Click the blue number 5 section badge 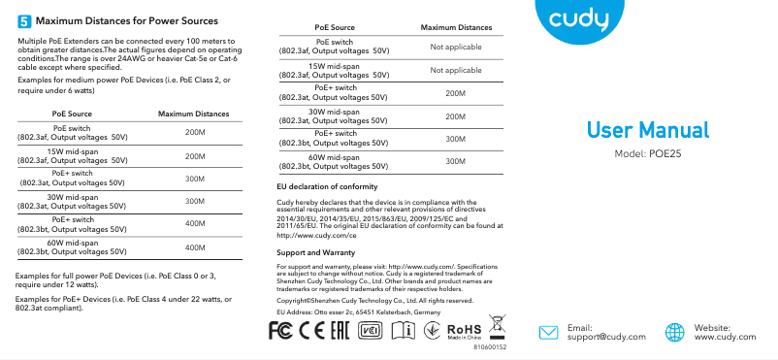pyautogui.click(x=24, y=20)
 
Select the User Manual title pyautogui.click(x=648, y=130)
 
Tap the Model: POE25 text pyautogui.click(x=649, y=155)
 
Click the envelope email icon pyautogui.click(x=549, y=332)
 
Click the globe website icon pyautogui.click(x=676, y=332)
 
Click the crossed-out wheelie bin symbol pyautogui.click(x=497, y=325)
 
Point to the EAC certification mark pyautogui.click(x=340, y=330)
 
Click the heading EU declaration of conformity pyautogui.click(x=327, y=186)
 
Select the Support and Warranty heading pyautogui.click(x=315, y=252)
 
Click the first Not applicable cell pyautogui.click(x=455, y=48)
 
